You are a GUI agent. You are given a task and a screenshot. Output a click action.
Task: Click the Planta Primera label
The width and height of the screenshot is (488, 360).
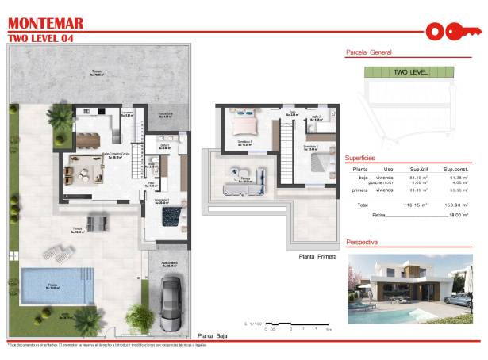tap(318, 257)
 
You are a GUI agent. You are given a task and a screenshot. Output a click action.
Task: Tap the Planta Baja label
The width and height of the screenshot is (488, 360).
tap(213, 336)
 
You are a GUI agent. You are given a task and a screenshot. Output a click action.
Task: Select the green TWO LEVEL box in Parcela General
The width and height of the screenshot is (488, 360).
tap(409, 72)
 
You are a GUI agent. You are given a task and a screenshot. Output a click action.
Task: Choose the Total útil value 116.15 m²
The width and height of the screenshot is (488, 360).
tap(417, 205)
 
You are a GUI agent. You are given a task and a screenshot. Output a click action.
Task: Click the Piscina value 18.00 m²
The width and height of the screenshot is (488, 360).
tap(455, 215)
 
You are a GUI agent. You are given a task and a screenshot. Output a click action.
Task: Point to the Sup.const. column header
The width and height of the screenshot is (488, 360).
tap(457, 170)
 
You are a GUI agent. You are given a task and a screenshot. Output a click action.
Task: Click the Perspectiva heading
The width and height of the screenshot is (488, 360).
tap(362, 240)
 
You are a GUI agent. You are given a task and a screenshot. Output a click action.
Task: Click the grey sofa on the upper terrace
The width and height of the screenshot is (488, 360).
tap(237, 173)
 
